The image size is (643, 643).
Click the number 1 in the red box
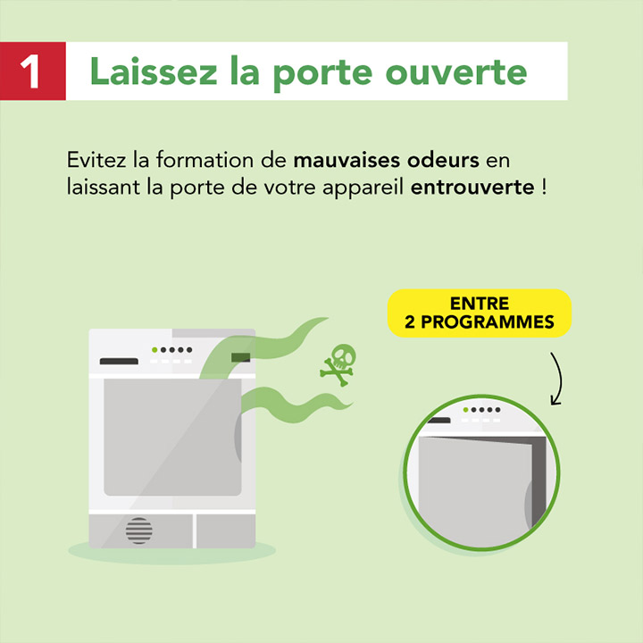(32, 71)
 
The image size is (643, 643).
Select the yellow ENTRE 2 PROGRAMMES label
(479, 313)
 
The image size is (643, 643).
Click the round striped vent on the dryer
(139, 530)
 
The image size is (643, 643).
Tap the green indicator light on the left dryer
(154, 349)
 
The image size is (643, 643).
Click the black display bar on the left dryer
(119, 362)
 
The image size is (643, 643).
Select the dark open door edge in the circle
(538, 482)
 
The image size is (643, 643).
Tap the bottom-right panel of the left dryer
(225, 530)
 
